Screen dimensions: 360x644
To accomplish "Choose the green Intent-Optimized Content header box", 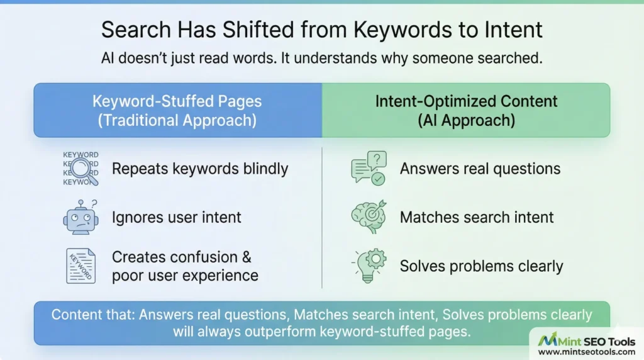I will (466, 110).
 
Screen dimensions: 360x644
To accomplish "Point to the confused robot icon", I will (81, 217).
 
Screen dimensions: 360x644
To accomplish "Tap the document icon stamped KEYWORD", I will (80, 266).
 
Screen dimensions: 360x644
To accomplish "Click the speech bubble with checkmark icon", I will (369, 168).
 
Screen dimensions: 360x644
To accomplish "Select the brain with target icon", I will (369, 217).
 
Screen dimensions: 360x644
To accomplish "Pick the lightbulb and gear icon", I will (369, 266).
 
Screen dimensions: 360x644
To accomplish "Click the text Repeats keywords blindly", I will (199, 169).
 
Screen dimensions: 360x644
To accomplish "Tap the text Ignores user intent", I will (176, 218).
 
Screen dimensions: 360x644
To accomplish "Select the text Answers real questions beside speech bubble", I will (480, 169).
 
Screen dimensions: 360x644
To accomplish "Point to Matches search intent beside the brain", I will (477, 218).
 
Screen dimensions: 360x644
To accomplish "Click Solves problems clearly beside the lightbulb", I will (481, 266).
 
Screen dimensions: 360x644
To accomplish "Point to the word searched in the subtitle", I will (505, 59).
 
